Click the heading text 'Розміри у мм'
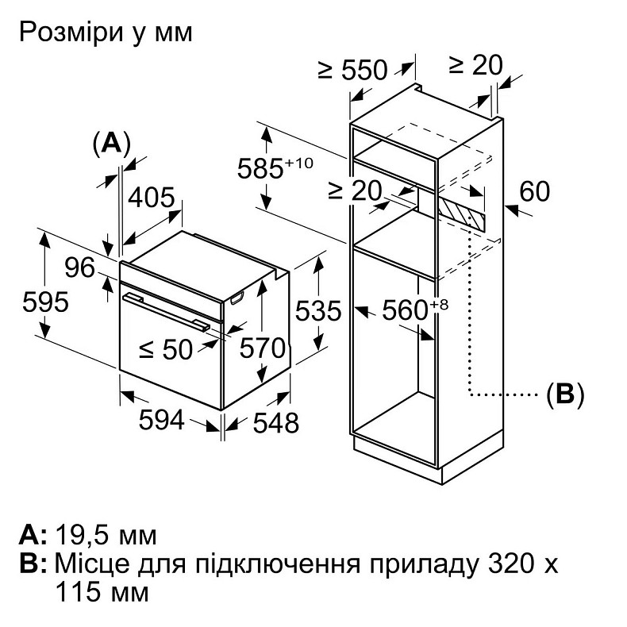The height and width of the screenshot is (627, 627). click(105, 33)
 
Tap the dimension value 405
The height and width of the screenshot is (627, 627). click(152, 198)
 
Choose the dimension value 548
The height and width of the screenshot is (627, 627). click(275, 422)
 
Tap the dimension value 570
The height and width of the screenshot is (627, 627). click(263, 347)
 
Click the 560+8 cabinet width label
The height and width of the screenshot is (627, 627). click(410, 310)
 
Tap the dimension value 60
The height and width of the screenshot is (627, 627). click(534, 191)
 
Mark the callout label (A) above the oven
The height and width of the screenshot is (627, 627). click(110, 143)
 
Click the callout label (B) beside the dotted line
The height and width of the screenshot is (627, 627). click(564, 394)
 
